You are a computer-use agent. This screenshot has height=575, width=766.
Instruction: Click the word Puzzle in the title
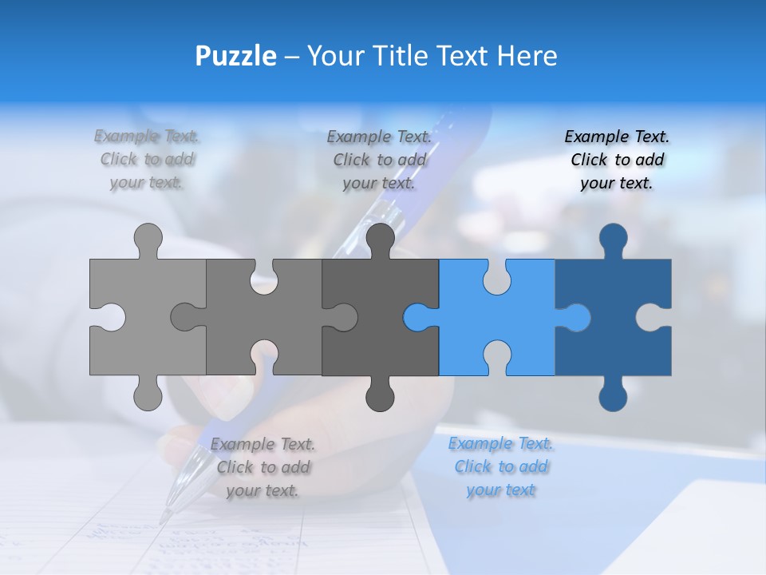[x=236, y=56]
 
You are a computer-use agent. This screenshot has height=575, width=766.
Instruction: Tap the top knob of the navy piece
[x=613, y=238]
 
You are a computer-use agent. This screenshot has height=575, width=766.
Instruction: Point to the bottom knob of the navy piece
[x=613, y=396]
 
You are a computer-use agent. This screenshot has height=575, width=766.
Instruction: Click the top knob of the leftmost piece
[x=148, y=238]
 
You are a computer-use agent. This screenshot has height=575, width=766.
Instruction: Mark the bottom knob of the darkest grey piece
[x=380, y=396]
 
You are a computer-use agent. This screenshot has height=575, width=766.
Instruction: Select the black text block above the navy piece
[x=617, y=160]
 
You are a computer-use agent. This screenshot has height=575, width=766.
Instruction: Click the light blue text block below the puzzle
[x=500, y=466]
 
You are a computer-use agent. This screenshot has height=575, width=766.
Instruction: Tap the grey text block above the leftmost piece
[x=147, y=160]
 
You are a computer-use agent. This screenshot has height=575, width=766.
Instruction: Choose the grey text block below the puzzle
[x=263, y=467]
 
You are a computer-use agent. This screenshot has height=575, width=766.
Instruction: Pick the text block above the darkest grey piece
[x=379, y=160]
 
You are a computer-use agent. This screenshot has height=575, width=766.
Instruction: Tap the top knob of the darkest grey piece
[x=380, y=238]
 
